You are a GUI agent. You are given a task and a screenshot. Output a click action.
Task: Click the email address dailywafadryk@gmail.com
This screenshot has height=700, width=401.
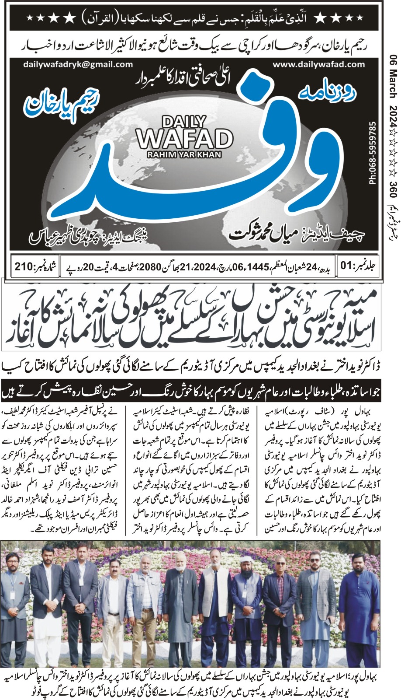[78, 64]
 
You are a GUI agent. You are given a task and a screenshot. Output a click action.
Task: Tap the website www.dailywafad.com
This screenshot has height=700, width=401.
[318, 64]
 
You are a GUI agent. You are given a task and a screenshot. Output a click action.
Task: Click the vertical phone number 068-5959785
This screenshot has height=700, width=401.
[372, 153]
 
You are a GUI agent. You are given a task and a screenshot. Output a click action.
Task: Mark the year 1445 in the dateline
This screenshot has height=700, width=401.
[259, 266]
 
